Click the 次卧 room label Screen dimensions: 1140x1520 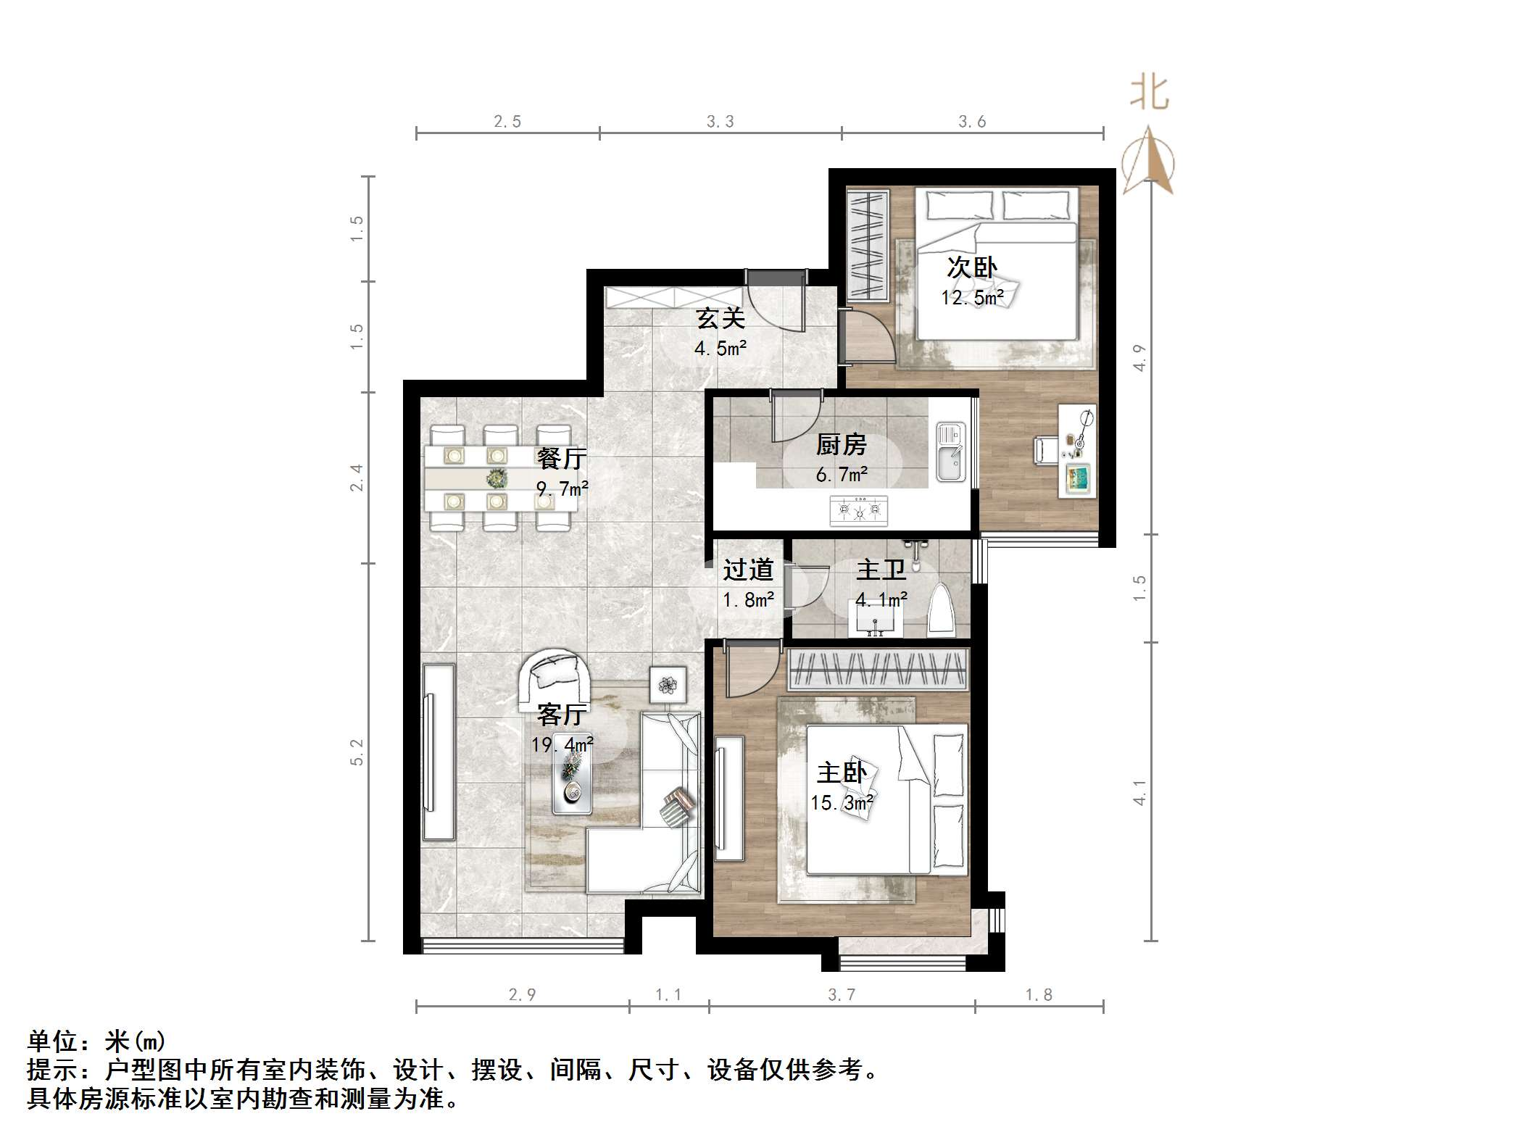972,267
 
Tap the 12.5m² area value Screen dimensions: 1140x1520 972,297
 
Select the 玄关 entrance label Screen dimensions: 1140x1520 720,318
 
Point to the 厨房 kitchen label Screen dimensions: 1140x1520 841,444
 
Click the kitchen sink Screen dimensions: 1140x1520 950,452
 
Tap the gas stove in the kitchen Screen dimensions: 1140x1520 859,509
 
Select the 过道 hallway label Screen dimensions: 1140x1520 748,570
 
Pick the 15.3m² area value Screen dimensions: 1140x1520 841,802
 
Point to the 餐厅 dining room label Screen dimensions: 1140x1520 562,458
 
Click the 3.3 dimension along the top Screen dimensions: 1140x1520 720,122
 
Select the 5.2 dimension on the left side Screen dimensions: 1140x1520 356,752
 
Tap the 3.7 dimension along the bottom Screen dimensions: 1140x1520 842,994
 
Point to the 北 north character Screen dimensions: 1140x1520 1150,93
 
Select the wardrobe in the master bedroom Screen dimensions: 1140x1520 878,667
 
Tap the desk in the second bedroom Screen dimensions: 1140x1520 1078,450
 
